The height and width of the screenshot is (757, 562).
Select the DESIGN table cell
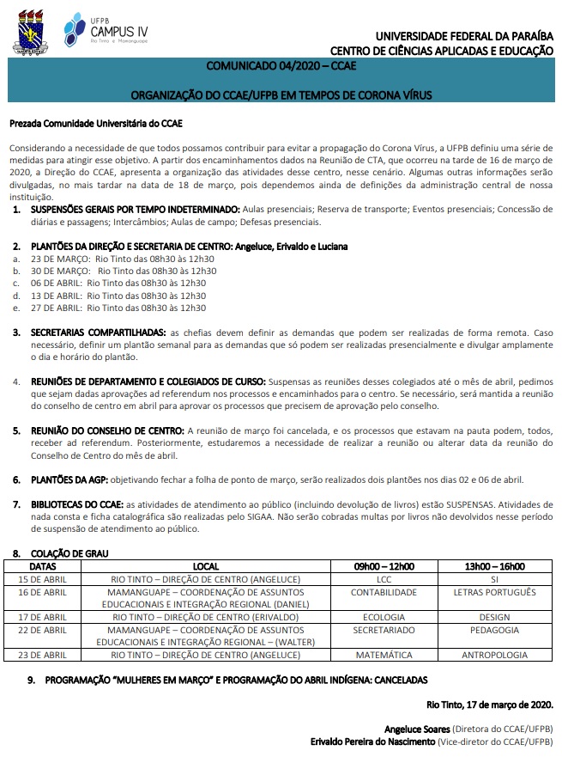click(493, 617)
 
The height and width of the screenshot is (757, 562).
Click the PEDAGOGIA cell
click(493, 629)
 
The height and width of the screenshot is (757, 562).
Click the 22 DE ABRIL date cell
click(43, 629)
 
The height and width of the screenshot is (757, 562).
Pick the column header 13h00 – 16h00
click(493, 566)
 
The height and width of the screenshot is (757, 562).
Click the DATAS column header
click(43, 566)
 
